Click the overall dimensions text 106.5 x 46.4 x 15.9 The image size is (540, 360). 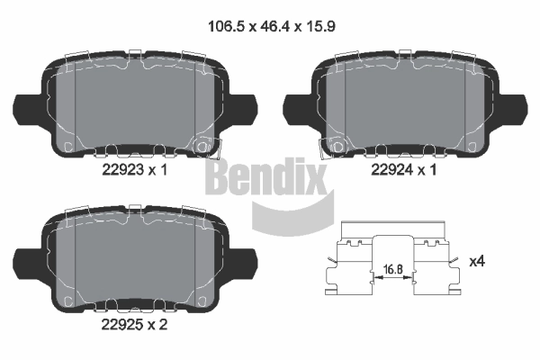[x=272, y=26]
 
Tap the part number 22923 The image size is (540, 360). [x=122, y=169]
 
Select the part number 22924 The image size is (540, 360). [x=391, y=169]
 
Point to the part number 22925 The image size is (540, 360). [x=122, y=325]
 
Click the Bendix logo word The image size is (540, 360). [x=265, y=178]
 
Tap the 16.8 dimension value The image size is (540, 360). [x=393, y=269]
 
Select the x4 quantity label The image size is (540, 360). [x=477, y=261]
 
